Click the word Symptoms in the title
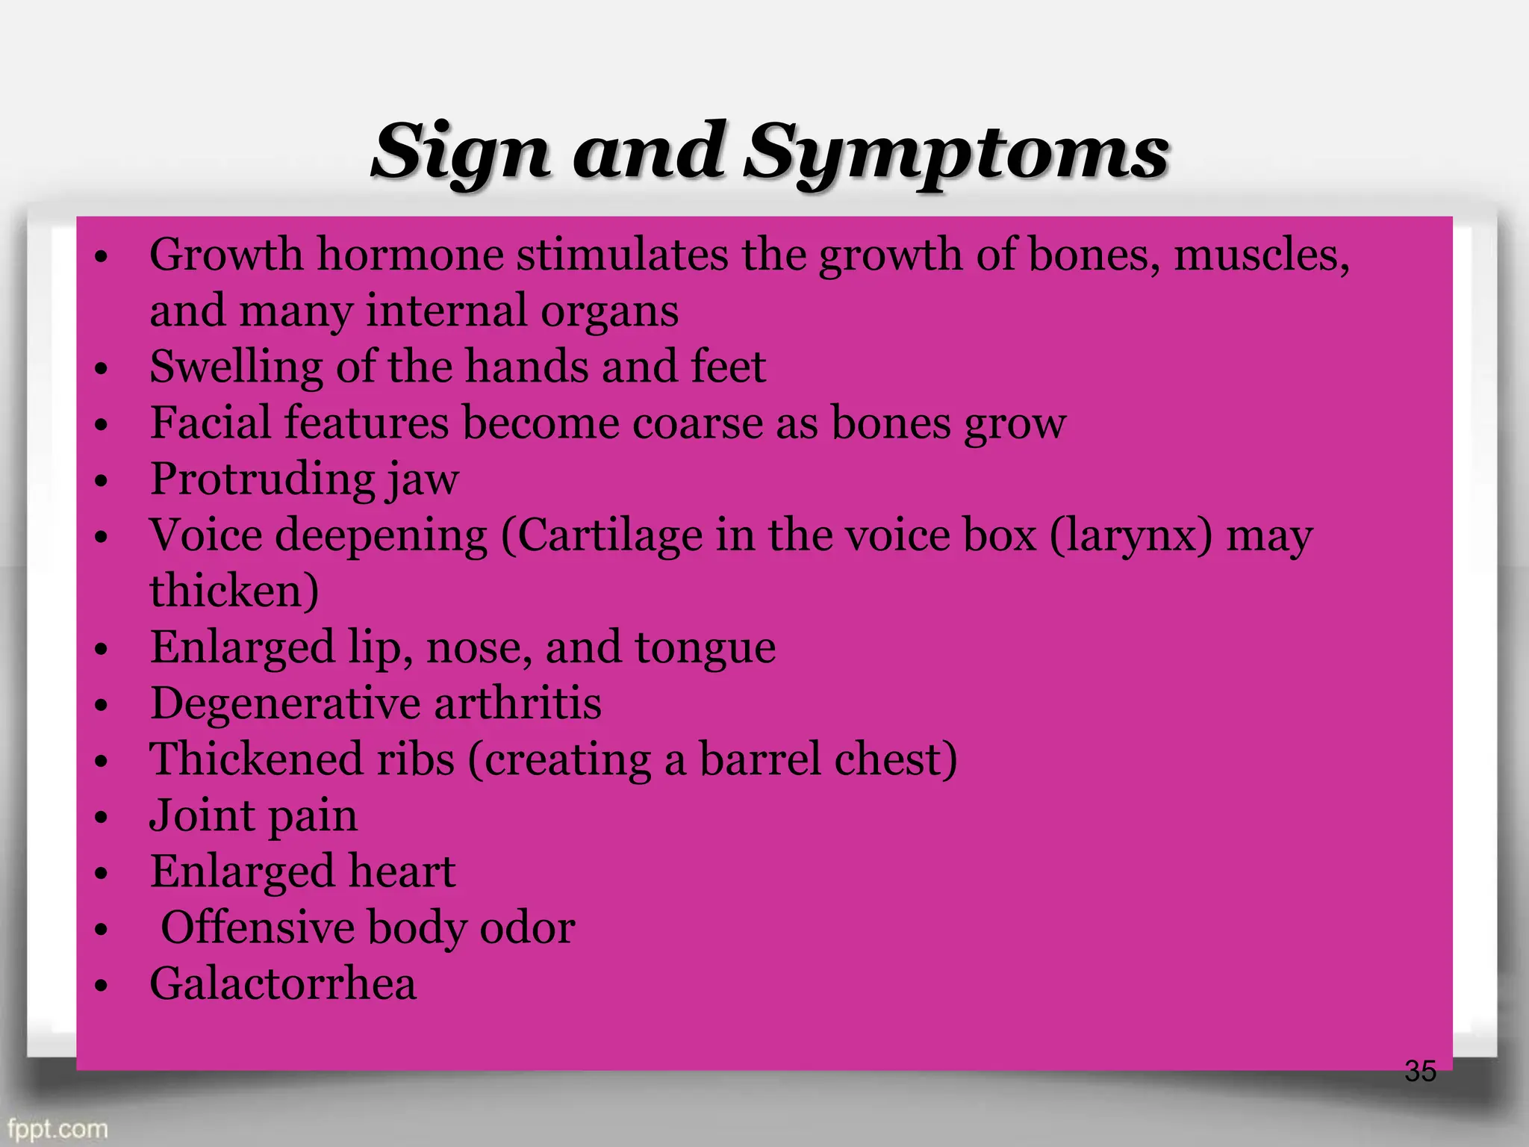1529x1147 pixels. tap(957, 153)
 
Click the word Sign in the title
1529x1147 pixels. tap(461, 153)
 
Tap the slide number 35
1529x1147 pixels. tap(1420, 1072)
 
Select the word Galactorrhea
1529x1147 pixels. tap(283, 983)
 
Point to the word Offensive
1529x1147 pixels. tap(258, 927)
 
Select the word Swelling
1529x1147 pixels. tap(236, 367)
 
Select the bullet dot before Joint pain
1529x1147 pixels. tap(102, 818)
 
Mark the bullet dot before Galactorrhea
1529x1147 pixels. tap(102, 986)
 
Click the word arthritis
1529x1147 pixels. tap(517, 703)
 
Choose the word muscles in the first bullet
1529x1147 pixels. tap(1261, 255)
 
